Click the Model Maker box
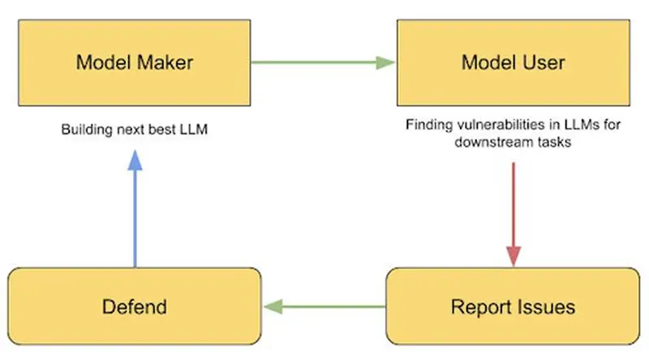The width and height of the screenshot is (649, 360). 135,62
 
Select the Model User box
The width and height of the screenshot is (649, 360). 514,62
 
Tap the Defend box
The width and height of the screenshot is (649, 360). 135,306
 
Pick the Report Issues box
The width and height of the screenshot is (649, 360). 513,306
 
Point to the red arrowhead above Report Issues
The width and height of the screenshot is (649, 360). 514,256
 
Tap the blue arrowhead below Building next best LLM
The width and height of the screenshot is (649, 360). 135,161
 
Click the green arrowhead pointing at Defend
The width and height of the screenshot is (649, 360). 273,306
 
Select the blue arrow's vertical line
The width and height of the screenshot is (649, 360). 135,219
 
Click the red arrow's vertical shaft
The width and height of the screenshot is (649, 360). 514,204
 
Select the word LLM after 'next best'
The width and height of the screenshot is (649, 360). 194,130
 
